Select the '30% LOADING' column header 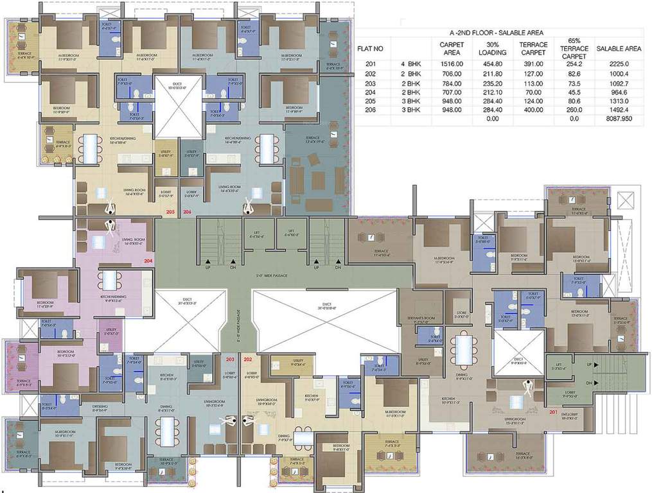(x=493, y=48)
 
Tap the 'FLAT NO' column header (x=370, y=48)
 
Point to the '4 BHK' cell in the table (x=412, y=64)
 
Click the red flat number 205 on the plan (x=170, y=211)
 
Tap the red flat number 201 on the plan (x=554, y=413)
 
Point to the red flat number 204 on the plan (x=148, y=261)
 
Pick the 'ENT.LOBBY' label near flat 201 (x=568, y=415)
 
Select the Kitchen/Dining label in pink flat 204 (x=110, y=298)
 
